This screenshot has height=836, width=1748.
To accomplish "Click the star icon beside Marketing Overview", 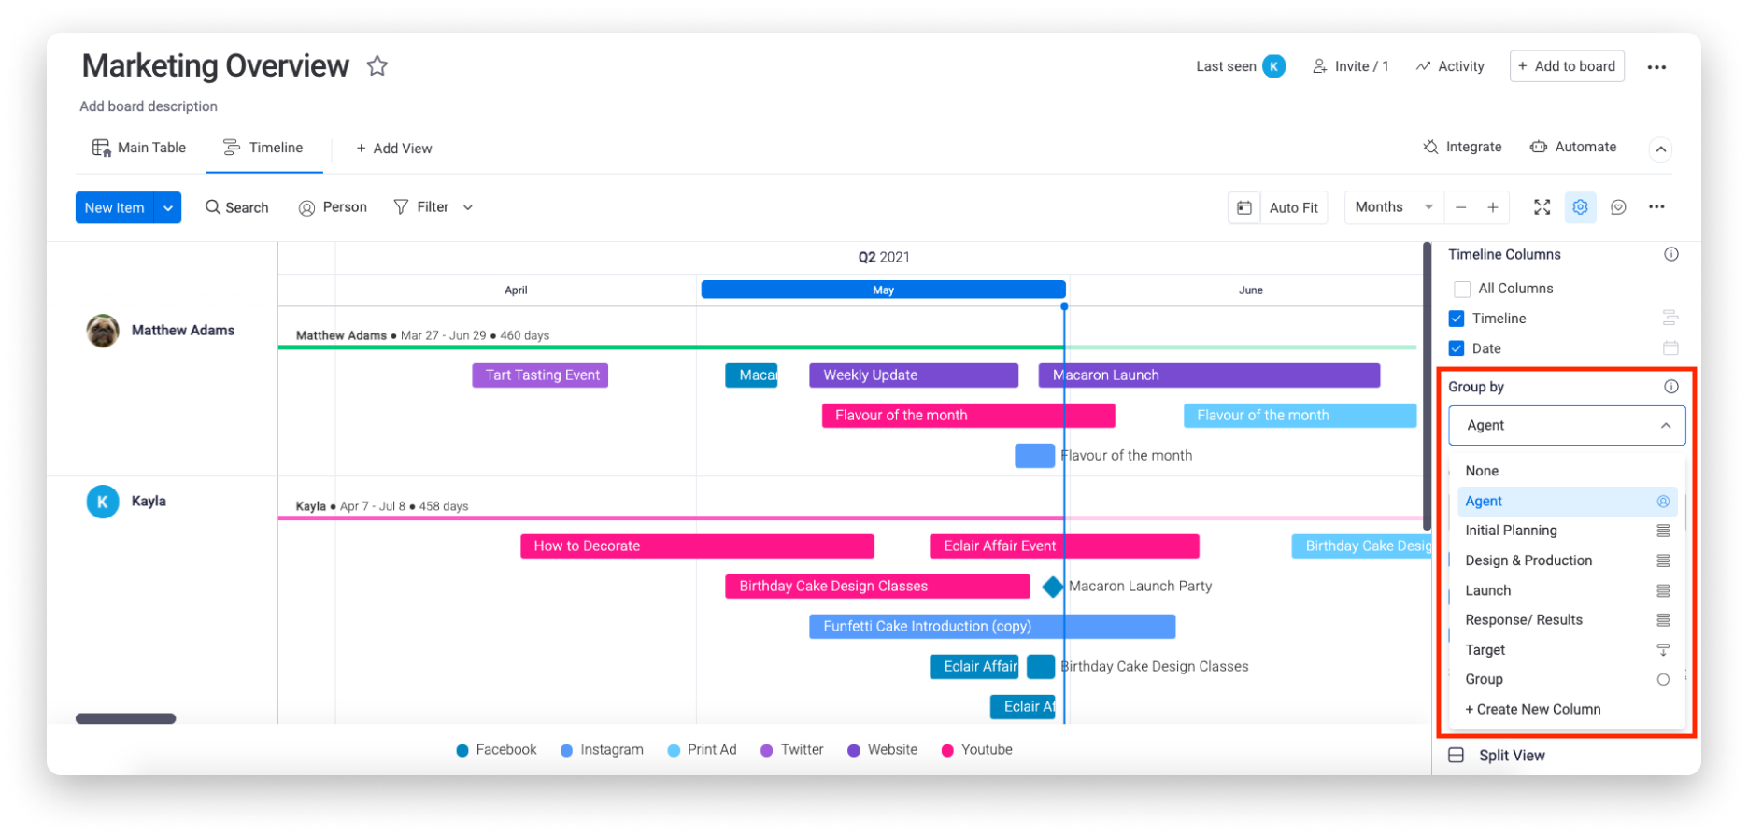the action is tap(377, 65).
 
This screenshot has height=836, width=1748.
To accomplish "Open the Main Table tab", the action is tap(139, 148).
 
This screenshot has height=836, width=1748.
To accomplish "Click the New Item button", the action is tap(115, 207).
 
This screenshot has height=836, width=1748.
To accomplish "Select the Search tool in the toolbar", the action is tap(237, 207).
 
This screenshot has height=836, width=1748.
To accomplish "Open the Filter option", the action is tap(433, 207).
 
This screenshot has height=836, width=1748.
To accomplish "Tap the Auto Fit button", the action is tap(1278, 207).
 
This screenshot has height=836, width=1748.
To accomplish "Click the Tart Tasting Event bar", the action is tap(540, 375).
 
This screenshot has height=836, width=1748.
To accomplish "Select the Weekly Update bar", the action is tap(914, 375).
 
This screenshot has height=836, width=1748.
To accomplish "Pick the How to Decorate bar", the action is tap(697, 546).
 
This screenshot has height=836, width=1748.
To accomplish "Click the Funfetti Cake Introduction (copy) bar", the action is tap(992, 626).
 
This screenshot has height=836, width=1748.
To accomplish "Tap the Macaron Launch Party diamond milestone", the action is tap(1053, 587).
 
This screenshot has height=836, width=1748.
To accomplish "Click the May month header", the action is tap(883, 290).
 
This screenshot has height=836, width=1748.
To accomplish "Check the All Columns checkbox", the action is tap(1462, 289).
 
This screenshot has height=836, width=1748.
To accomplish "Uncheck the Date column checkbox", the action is tap(1457, 348).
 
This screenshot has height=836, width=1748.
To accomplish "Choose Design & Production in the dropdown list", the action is tap(1528, 560).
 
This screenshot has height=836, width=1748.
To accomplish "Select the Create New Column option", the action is tap(1533, 709).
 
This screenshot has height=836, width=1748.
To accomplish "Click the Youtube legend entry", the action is tap(977, 749).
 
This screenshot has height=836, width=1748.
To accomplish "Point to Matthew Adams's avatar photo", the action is tap(103, 331).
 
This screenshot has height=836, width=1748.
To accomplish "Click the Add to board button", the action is tap(1567, 66).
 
